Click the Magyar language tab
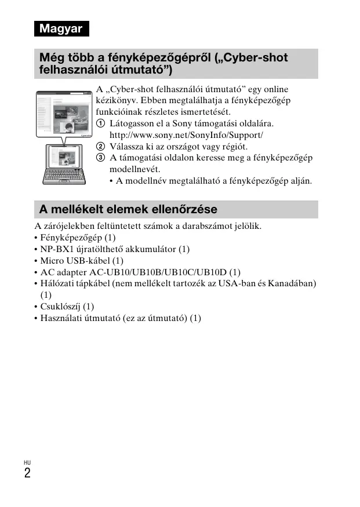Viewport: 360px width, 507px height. pyautogui.click(x=61, y=28)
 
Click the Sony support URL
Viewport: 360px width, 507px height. pyautogui.click(x=186, y=135)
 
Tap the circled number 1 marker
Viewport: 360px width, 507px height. pyautogui.click(x=100, y=123)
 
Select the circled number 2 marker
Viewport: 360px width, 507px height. pyautogui.click(x=100, y=147)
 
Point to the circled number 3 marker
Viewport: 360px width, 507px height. pyautogui.click(x=100, y=158)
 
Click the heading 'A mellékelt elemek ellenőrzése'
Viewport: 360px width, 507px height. pyautogui.click(x=129, y=209)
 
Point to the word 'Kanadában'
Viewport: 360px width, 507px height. pyautogui.click(x=292, y=283)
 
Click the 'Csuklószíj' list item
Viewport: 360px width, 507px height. pyautogui.click(x=60, y=306)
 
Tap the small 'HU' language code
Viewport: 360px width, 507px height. pyautogui.click(x=27, y=462)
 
